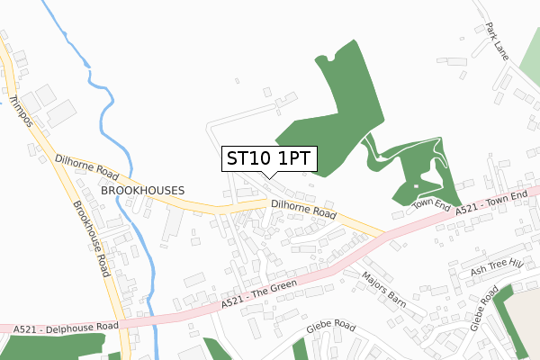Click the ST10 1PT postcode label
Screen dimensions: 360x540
click(x=268, y=158)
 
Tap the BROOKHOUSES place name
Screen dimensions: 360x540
click(x=142, y=191)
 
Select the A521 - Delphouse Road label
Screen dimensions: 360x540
click(x=67, y=328)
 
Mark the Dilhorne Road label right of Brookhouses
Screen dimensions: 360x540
click(x=303, y=211)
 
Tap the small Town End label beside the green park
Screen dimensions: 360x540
click(x=430, y=204)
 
